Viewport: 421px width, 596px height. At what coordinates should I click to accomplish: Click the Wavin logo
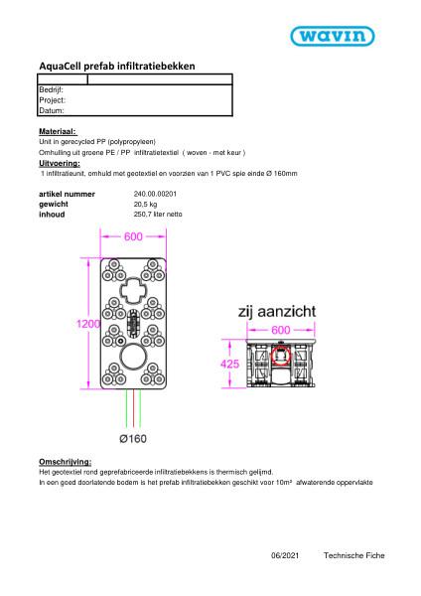pos(332,37)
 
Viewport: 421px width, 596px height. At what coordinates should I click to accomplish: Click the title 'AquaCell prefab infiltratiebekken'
pos(117,66)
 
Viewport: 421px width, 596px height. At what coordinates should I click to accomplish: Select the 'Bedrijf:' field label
pos(52,89)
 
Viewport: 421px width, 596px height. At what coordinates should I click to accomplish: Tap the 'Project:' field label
pos(52,100)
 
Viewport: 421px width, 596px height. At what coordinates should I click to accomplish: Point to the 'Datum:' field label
pos(51,110)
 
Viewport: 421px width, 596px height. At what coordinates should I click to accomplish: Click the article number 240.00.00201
pos(152,194)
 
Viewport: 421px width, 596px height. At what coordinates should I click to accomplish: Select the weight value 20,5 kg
pos(146,204)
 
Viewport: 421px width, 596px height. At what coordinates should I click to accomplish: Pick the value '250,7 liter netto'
pos(157,214)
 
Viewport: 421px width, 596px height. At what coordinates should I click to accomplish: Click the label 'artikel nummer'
pos(67,194)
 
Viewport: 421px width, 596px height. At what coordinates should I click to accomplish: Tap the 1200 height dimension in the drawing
pos(89,324)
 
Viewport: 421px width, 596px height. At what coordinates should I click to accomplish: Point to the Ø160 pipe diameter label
pos(133,439)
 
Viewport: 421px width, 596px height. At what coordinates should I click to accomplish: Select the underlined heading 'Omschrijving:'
pos(65,462)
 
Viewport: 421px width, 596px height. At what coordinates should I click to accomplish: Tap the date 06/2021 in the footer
pos(283,556)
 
